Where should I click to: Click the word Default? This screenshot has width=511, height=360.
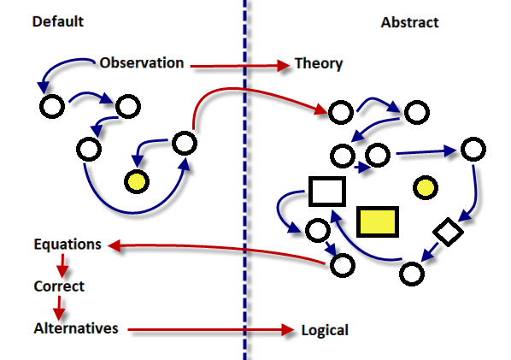coord(58,21)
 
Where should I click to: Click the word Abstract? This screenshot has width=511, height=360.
coord(409,22)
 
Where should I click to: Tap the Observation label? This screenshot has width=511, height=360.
coord(142,62)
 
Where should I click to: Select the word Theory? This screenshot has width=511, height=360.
coord(319,64)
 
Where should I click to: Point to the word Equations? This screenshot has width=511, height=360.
coord(68,245)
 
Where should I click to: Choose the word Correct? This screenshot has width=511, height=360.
coord(59,286)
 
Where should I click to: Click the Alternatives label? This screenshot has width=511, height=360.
coord(76,328)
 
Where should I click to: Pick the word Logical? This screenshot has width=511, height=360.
coord(325,330)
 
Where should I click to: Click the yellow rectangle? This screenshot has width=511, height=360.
coord(378,221)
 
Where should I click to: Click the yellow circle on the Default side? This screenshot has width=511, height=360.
coord(137,181)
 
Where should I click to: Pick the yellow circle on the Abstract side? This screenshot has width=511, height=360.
coord(426,187)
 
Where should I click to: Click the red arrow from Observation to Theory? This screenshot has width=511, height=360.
coord(239,66)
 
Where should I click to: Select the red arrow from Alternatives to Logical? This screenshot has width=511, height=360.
coord(211,330)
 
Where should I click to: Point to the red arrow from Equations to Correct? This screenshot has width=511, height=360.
coord(62,266)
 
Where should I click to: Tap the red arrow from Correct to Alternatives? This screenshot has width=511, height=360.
coord(59,308)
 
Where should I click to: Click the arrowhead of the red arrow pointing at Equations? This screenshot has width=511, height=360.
coord(114,245)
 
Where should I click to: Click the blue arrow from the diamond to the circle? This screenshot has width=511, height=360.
coord(430,252)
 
